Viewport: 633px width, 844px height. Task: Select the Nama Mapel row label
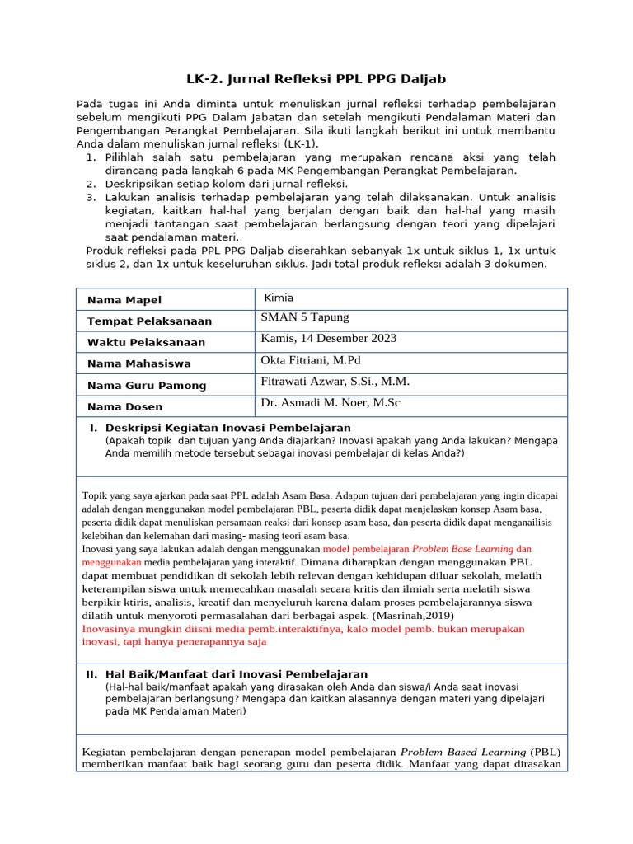point(124,300)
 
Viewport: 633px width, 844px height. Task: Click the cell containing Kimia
point(279,298)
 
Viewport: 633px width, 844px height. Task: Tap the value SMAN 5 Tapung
point(304,317)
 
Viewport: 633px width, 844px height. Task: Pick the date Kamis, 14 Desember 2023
point(329,338)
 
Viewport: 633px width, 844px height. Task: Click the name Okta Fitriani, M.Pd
point(311,360)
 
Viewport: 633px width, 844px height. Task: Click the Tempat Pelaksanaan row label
point(149,321)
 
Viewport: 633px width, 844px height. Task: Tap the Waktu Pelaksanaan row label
point(146,343)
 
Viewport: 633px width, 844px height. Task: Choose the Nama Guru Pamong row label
point(147,386)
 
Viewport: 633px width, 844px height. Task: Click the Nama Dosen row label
point(125,407)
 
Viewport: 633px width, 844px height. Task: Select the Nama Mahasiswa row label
point(139,364)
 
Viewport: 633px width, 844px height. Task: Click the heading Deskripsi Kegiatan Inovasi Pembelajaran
point(227,428)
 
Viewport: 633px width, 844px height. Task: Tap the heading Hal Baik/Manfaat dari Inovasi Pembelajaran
point(236,674)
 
